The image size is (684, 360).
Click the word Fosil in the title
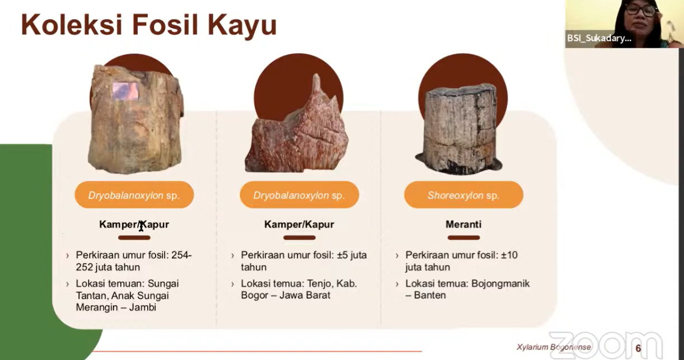click(x=165, y=25)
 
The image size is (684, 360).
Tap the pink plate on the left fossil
click(x=125, y=91)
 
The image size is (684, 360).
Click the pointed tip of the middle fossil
click(x=317, y=75)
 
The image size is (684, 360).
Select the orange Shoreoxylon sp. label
click(x=463, y=195)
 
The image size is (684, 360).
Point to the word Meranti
click(x=463, y=224)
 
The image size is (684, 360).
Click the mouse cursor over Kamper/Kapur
click(x=141, y=226)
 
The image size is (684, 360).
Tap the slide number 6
click(x=638, y=348)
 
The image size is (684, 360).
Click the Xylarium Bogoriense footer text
click(x=554, y=347)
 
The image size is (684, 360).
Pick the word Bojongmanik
click(x=500, y=283)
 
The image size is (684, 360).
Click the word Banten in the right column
click(x=430, y=295)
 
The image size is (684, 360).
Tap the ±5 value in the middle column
click(x=342, y=255)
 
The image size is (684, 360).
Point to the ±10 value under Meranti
click(x=509, y=255)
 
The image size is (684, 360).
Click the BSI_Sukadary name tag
click(x=599, y=38)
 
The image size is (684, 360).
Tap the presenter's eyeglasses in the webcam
click(x=641, y=10)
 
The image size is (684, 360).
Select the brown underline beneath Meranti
click(x=463, y=237)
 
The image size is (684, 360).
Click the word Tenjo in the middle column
click(x=320, y=284)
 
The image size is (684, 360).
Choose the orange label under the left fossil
click(x=134, y=195)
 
